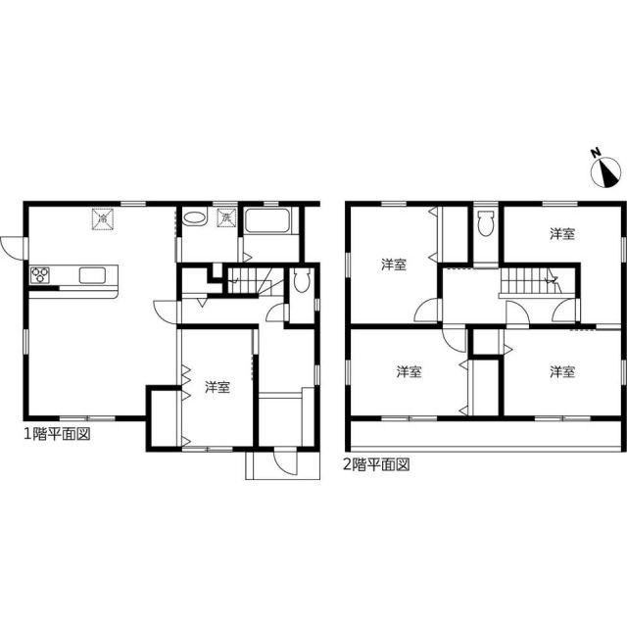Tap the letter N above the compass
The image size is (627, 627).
tap(595, 153)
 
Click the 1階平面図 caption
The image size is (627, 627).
tap(58, 432)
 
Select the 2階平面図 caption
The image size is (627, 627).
tap(375, 464)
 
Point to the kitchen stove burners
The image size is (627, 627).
tap(40, 274)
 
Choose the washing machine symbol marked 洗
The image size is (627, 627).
tap(226, 219)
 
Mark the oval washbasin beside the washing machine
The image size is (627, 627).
tap(194, 219)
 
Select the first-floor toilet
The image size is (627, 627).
tap(303, 281)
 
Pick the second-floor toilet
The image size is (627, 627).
tap(486, 224)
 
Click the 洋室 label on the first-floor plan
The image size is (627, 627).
tap(217, 388)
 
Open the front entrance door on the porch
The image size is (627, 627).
tap(283, 463)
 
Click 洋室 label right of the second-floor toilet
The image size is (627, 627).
tap(561, 234)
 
